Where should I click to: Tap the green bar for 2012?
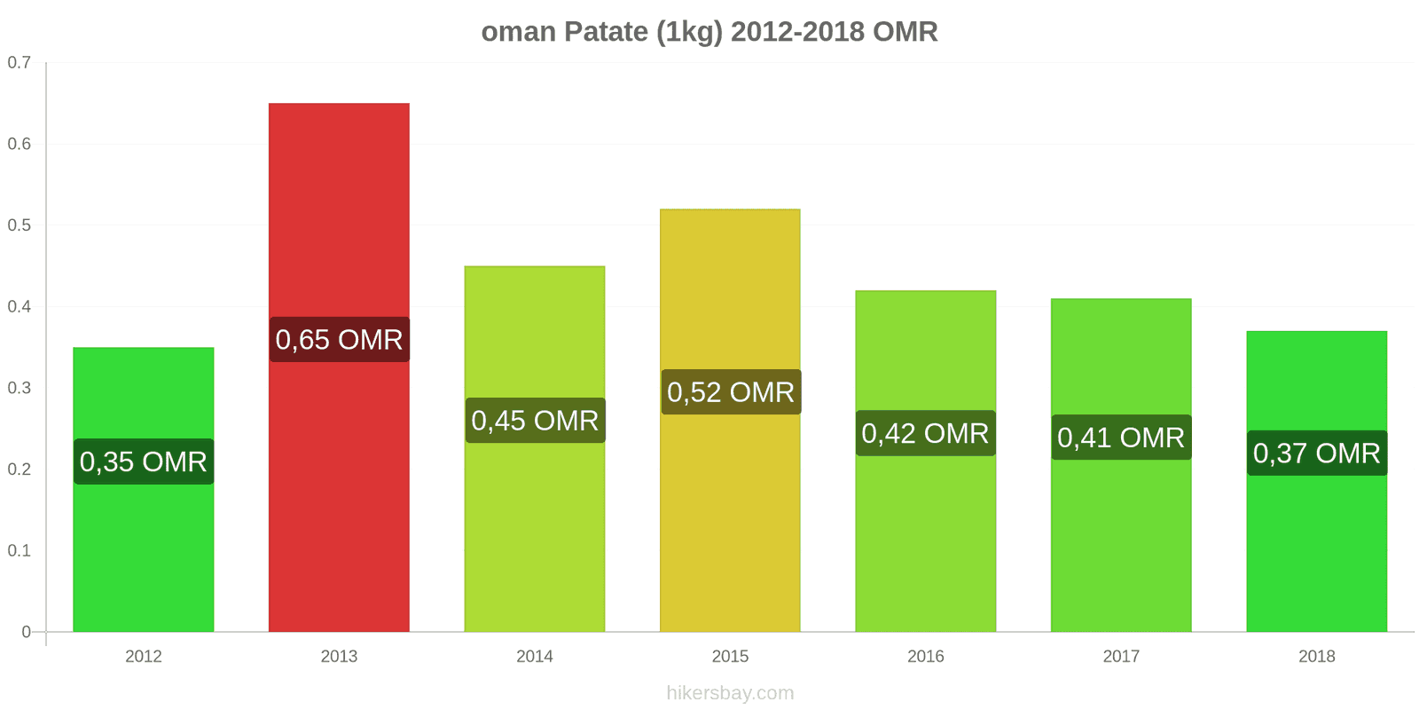(x=143, y=550)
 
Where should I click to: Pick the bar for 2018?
(x=1316, y=550)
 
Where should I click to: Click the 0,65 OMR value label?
(x=339, y=339)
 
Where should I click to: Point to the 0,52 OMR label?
(x=730, y=392)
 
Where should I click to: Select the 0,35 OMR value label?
(x=143, y=461)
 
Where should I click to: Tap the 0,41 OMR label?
(x=1121, y=438)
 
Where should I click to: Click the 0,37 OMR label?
(x=1316, y=454)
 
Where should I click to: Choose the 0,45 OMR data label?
(x=535, y=421)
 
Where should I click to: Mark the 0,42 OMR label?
(x=925, y=433)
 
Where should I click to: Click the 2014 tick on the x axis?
(x=535, y=656)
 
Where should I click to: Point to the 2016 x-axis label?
(x=925, y=656)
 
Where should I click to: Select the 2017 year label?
(x=1121, y=656)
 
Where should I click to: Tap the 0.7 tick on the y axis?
(x=20, y=63)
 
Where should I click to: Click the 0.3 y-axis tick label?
(x=20, y=388)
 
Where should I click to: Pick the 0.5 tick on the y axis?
(x=20, y=225)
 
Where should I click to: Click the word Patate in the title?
(x=606, y=32)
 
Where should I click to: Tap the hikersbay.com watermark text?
(x=730, y=693)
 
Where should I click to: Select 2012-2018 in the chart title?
(x=797, y=32)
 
